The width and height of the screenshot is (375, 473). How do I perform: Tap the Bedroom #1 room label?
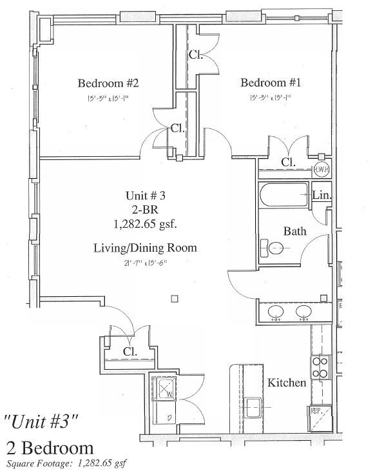coord(271,83)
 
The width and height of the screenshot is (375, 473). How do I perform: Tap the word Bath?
coord(295,231)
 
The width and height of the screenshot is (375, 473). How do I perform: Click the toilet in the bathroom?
coord(273,246)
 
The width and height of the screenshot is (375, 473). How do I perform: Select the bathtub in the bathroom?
coord(284,195)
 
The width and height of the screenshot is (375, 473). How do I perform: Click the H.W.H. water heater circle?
coord(322,169)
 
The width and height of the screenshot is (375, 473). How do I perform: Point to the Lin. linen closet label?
coord(322,195)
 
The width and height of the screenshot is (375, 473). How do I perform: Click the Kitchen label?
coord(287,383)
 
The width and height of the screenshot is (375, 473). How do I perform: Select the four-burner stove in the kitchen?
coord(320,367)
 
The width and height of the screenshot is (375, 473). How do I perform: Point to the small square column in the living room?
coord(175,299)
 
